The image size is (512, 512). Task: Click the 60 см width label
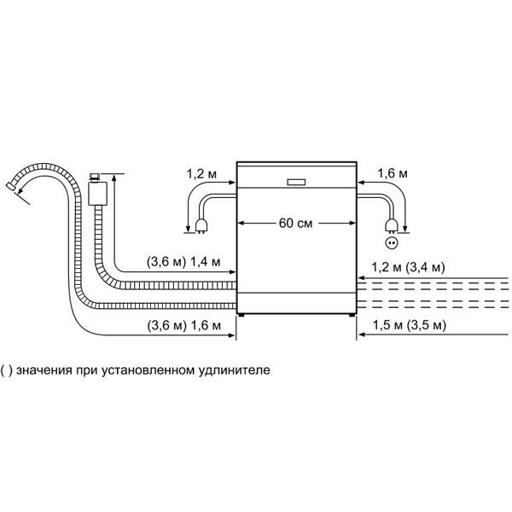pos(295,224)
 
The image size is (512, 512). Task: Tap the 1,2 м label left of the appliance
pos(201,174)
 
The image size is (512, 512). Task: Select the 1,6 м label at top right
pos(393,173)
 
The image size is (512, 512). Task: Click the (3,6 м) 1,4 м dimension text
pos(183,262)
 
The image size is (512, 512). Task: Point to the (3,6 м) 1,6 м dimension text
pos(183,326)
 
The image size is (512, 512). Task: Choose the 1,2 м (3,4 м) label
pos(408,267)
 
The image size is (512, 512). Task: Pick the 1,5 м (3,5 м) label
pos(409,325)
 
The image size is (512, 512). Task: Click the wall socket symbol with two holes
pos(392,243)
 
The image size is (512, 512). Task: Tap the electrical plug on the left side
pos(201,226)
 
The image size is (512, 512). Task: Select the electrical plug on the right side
pos(391,226)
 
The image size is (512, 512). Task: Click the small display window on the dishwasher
pos(296,183)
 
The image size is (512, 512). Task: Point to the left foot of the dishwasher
pos(241,315)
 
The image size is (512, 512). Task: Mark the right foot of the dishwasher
pos(352,315)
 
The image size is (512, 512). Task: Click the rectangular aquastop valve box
pos(98,194)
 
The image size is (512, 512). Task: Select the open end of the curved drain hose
pos(10,186)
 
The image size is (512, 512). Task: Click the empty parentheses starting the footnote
pos(6,371)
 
